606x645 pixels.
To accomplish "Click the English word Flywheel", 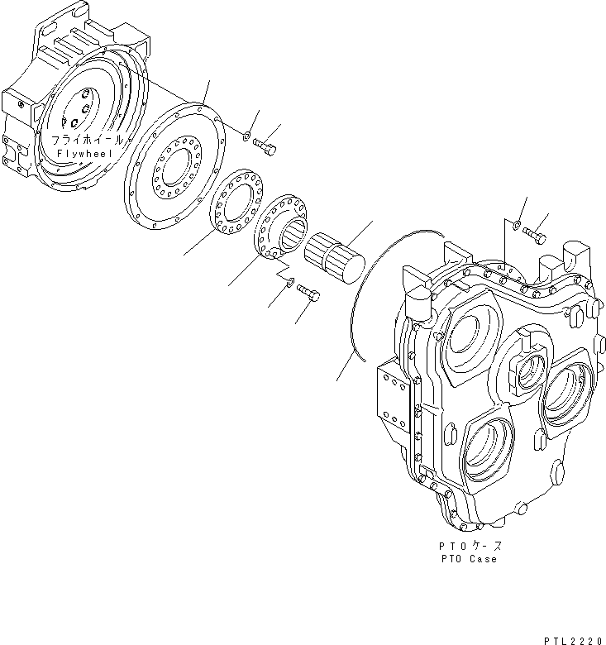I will pos(87,155).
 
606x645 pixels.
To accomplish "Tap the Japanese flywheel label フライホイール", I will pos(86,141).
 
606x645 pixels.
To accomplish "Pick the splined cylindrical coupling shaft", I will pos(336,256).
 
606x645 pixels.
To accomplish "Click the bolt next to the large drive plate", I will pos(265,147).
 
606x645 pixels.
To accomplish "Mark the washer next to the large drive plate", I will pos(246,135).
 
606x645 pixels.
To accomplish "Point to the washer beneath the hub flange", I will pos(288,284).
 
